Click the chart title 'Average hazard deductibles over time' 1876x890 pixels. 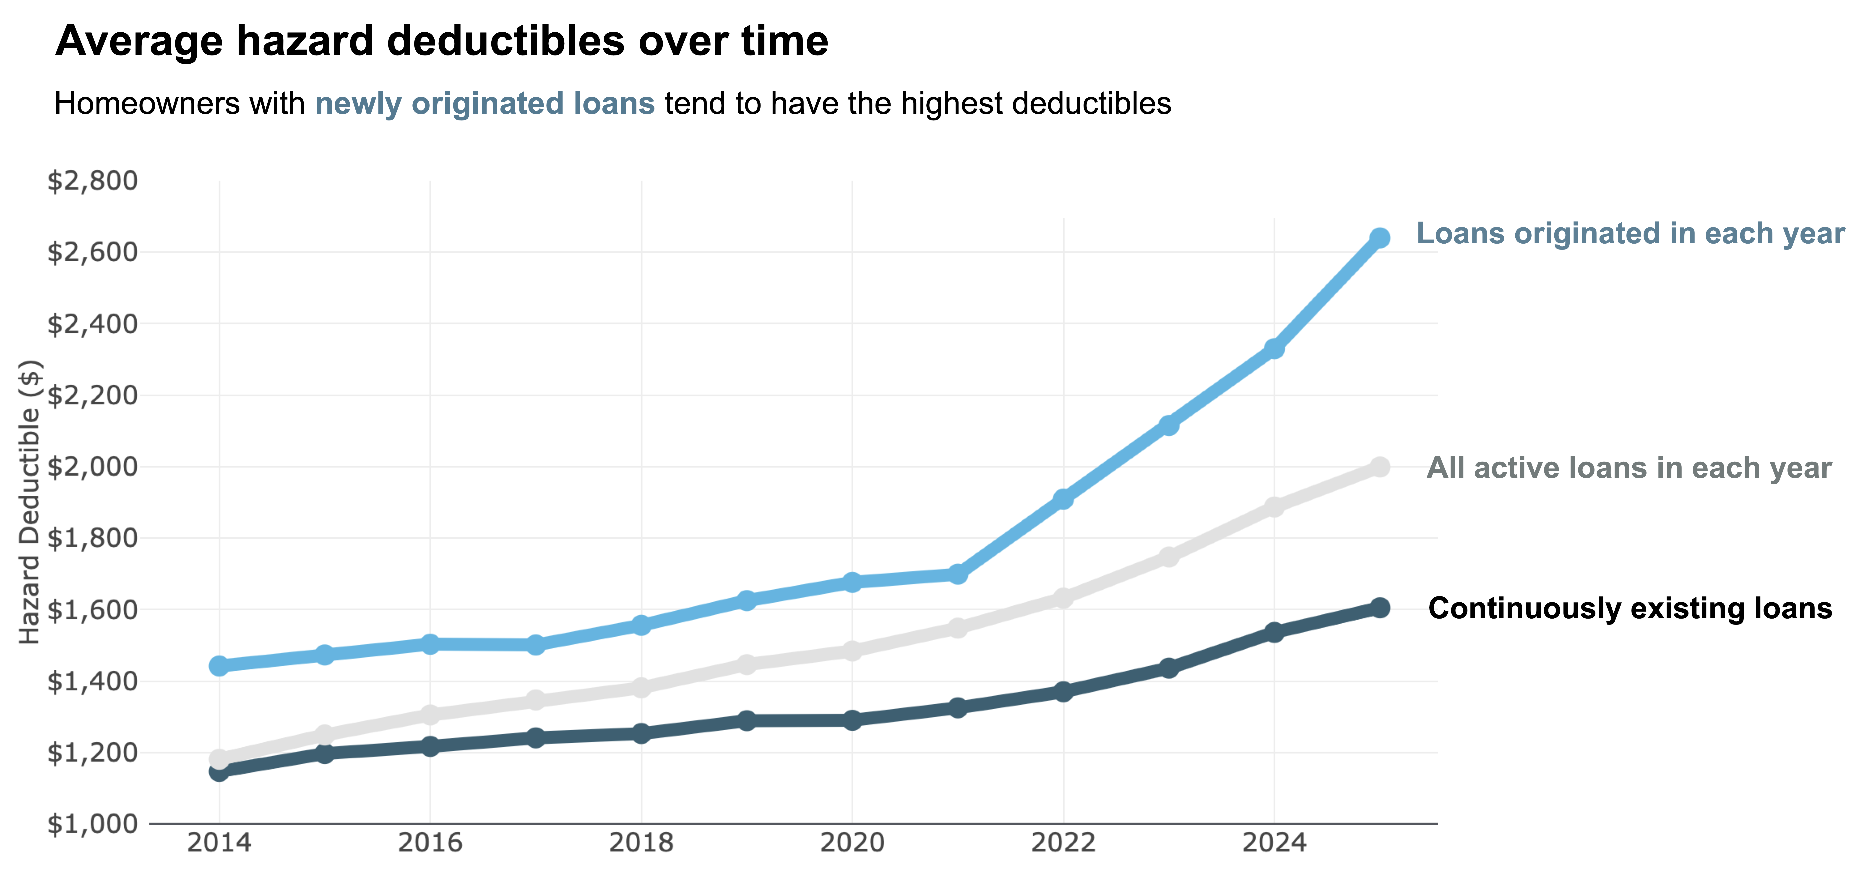coord(441,41)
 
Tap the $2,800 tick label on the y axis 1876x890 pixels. coord(92,181)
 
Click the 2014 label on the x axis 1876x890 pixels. coord(219,843)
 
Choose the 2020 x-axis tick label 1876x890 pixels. coord(852,843)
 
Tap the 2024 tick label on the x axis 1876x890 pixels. coord(1274,843)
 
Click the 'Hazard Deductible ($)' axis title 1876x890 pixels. coord(29,502)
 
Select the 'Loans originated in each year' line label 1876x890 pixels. coord(1630,234)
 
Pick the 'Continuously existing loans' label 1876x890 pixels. coord(1630,608)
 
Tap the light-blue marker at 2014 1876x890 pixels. coord(219,666)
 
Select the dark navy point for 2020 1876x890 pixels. coord(852,720)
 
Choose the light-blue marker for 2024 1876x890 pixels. coord(1274,349)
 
